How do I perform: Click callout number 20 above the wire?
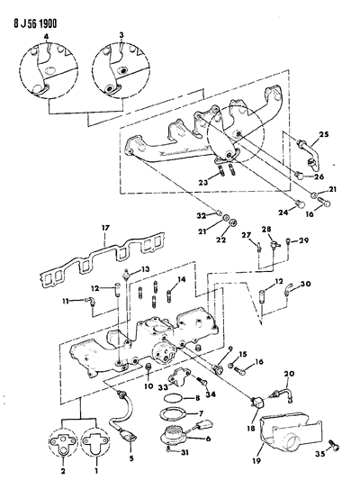tap(289, 373)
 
